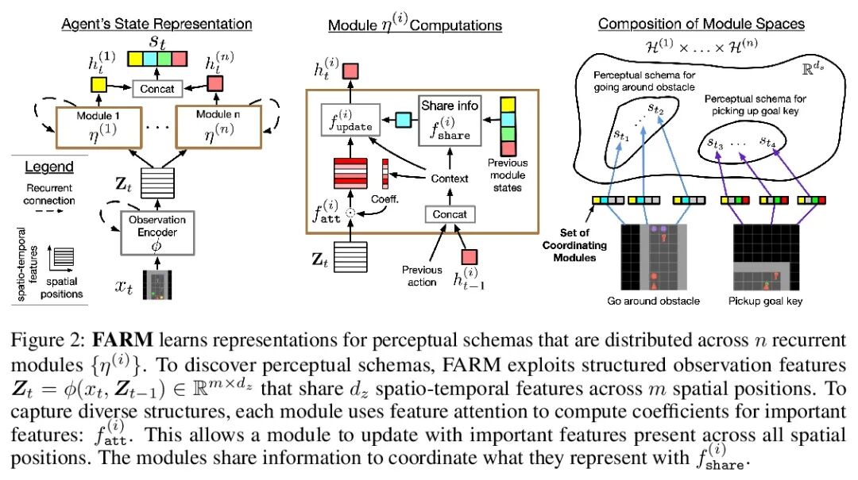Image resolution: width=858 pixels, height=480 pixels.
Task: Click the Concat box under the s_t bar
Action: point(157,88)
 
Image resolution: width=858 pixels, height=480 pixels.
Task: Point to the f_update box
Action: point(346,123)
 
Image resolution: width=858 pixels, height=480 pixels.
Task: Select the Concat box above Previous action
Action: point(450,214)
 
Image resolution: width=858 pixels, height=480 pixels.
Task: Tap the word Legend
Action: point(48,167)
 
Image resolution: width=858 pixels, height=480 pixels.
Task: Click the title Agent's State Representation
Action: point(157,24)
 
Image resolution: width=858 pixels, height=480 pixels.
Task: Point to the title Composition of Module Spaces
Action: point(701,24)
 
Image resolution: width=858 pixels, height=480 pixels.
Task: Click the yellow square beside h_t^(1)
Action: point(99,83)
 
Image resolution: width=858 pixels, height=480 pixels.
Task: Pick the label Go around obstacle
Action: point(652,302)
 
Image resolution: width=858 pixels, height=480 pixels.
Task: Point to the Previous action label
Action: point(422,275)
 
